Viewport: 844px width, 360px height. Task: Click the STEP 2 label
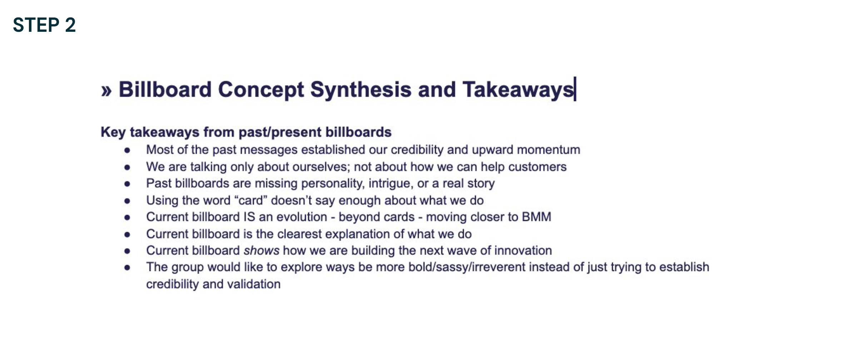pos(44,25)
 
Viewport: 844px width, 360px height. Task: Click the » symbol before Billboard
pos(106,91)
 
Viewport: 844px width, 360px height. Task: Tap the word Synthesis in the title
pos(361,90)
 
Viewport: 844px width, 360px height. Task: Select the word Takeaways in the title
pos(518,90)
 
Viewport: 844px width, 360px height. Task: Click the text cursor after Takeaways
pos(575,89)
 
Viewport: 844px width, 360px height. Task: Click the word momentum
pos(548,150)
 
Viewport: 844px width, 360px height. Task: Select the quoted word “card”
pos(250,200)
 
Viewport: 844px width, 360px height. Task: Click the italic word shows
pos(261,250)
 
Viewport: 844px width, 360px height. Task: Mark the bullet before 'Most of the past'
pos(127,150)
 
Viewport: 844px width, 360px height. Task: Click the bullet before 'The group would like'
pos(127,267)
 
